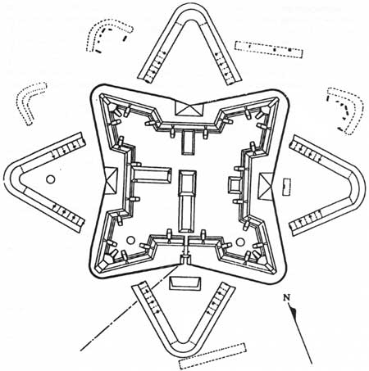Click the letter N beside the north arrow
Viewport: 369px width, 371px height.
(x=286, y=297)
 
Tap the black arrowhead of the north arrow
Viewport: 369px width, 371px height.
(x=294, y=310)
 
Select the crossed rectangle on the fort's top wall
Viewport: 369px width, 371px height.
(x=189, y=108)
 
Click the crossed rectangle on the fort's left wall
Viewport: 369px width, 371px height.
(x=111, y=180)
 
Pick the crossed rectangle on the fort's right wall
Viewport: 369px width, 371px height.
(x=266, y=186)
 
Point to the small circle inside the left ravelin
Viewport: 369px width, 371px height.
(x=50, y=179)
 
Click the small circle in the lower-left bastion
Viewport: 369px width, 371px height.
(x=131, y=240)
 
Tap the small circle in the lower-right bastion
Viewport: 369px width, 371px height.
(x=240, y=242)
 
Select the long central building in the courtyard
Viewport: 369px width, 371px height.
(x=187, y=201)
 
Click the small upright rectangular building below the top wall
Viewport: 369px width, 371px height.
(x=188, y=143)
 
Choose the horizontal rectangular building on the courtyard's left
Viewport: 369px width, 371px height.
(x=152, y=174)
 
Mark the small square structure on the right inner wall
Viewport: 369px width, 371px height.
(x=235, y=185)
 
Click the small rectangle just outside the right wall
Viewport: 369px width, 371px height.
(x=286, y=187)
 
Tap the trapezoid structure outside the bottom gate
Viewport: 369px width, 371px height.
(x=185, y=283)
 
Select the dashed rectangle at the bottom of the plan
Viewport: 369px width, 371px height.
(x=212, y=356)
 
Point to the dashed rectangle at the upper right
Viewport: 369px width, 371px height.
(x=269, y=49)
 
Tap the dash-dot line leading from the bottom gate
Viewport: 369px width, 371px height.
(x=130, y=308)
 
